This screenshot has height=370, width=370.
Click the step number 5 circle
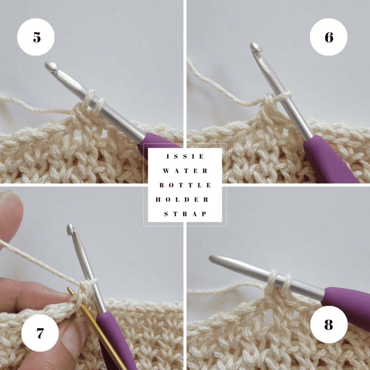[x=36, y=37]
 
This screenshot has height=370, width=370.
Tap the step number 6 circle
[x=328, y=37]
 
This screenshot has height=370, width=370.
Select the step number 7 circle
[x=40, y=333]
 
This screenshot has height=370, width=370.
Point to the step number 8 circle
[x=329, y=324]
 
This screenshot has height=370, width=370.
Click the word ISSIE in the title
[x=185, y=156]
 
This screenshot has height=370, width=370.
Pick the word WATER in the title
[x=185, y=171]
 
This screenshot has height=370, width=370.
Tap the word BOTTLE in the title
[x=185, y=185]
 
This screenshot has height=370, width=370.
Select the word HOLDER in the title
[x=182, y=199]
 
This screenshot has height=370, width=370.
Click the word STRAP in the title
[x=185, y=214]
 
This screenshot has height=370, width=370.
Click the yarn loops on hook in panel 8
[x=280, y=281]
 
